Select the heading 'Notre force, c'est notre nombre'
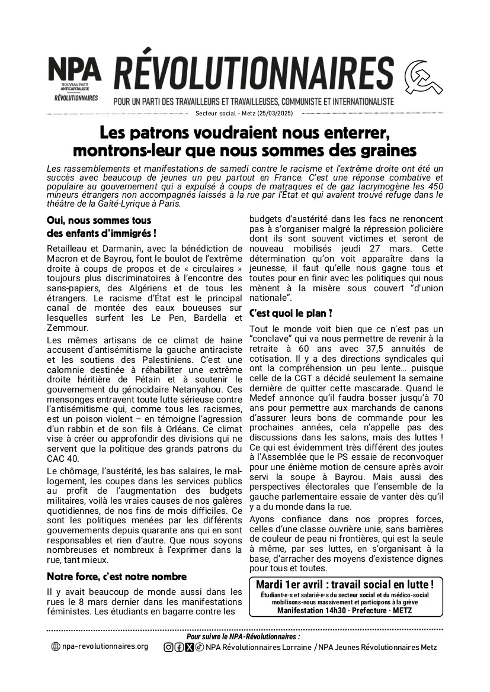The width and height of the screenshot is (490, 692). point(117,576)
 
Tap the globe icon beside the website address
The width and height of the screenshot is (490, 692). point(56,647)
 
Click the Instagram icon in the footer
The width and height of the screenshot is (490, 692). point(168,647)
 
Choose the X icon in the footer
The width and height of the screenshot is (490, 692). point(189,647)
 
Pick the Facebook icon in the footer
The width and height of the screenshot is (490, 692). point(179,647)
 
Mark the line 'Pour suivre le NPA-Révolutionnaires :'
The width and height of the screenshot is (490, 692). point(243,636)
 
